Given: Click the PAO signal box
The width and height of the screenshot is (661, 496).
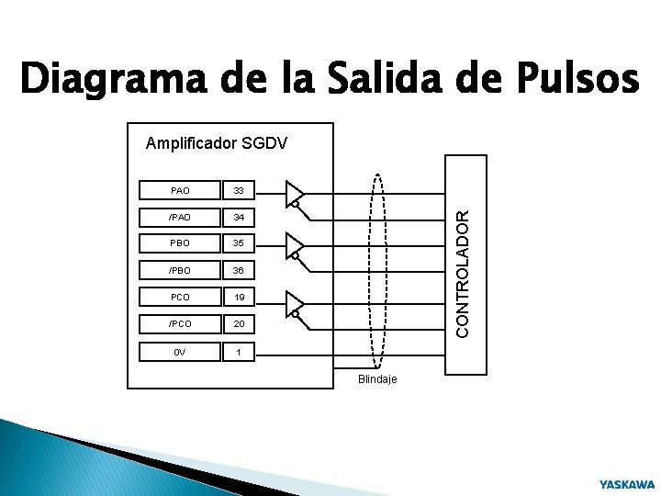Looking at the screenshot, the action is point(180,191).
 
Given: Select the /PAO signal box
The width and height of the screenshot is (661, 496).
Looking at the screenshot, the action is point(180,218).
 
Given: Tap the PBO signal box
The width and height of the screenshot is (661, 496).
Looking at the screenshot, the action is point(180,244).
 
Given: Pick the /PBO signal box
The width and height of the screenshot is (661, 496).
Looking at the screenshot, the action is point(180,271).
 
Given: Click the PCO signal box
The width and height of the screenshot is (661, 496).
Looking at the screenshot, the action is point(180,298).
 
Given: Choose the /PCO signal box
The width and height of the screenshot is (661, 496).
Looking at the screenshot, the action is point(180,324).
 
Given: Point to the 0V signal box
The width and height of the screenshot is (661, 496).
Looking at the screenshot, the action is point(180,351).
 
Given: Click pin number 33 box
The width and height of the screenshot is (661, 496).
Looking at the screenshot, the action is point(239,191).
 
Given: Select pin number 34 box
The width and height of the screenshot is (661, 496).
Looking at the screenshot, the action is point(239,218).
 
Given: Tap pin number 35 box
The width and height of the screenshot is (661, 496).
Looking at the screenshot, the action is point(239,244).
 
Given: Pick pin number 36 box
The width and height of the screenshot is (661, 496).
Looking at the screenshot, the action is point(239,271).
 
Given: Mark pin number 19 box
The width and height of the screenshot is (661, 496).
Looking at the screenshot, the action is point(239,298).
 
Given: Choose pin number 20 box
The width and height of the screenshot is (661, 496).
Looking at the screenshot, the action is point(239,324).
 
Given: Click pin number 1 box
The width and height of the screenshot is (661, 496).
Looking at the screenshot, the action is point(239,351).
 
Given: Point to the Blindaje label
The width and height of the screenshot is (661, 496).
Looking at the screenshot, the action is point(377,380).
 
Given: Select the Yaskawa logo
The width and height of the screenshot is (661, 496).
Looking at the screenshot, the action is point(627,483).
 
